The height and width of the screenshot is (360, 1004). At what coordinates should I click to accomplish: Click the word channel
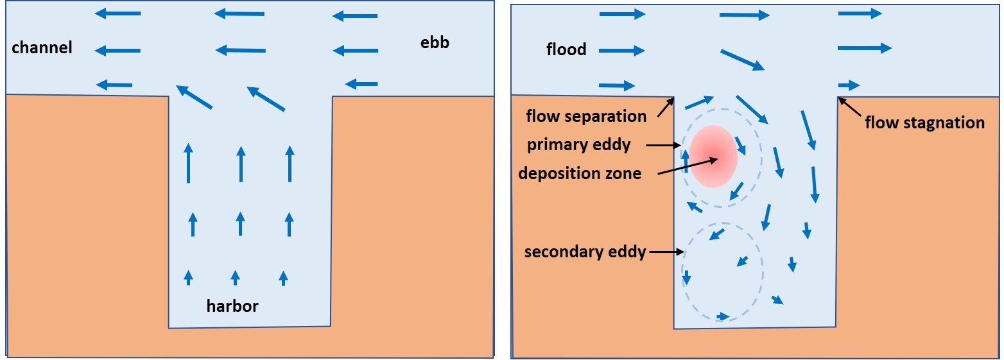coord(42,47)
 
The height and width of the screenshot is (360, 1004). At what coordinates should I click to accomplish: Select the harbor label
coord(232,306)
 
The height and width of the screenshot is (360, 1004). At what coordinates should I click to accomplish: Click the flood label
coord(566,49)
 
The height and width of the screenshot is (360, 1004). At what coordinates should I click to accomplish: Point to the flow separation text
coord(586,116)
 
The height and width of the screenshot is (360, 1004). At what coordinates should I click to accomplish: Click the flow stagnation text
coord(924,123)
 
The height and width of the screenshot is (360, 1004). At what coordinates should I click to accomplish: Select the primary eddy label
coord(579,145)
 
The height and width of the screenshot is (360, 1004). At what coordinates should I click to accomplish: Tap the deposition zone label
coord(580,173)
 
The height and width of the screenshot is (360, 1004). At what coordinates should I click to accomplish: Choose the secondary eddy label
coord(585,252)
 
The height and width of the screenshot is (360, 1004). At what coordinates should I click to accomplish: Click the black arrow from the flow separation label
coord(664,107)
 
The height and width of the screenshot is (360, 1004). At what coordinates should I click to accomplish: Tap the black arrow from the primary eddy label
coord(663,146)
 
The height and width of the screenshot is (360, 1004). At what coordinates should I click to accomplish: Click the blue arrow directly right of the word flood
coord(621,50)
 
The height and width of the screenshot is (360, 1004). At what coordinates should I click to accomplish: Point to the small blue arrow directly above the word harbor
coord(235,277)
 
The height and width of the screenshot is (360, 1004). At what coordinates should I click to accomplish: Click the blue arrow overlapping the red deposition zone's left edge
coord(685,161)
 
